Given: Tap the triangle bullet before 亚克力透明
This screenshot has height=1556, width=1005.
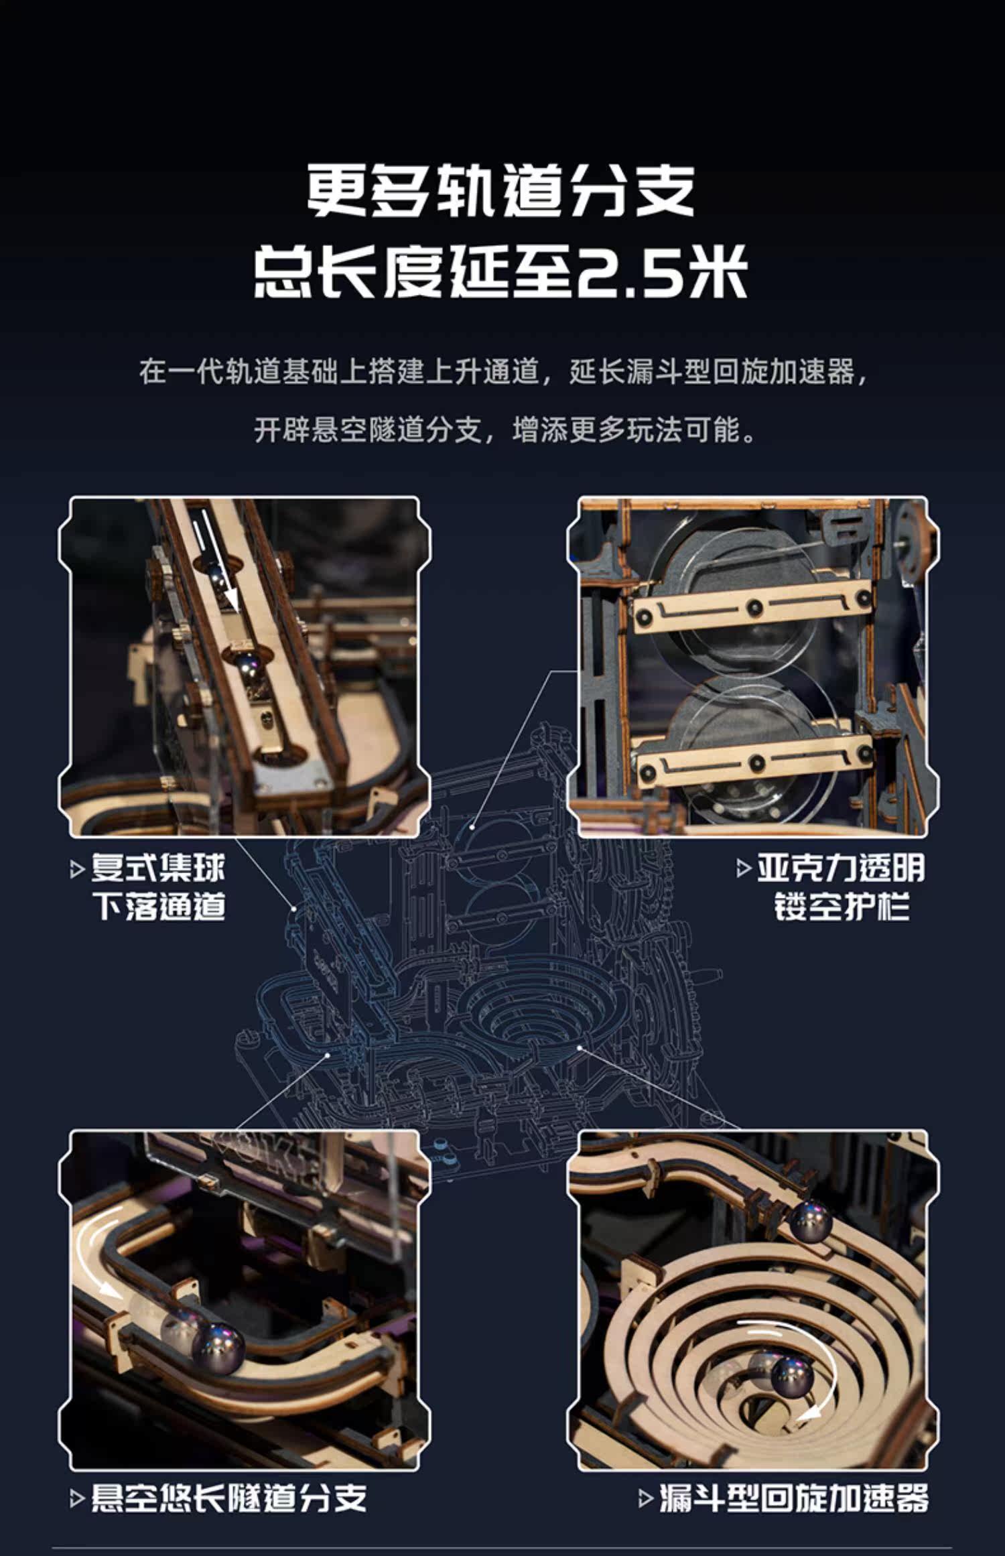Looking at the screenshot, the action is (743, 869).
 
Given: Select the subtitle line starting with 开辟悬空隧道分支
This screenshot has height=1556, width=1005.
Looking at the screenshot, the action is (505, 430).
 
